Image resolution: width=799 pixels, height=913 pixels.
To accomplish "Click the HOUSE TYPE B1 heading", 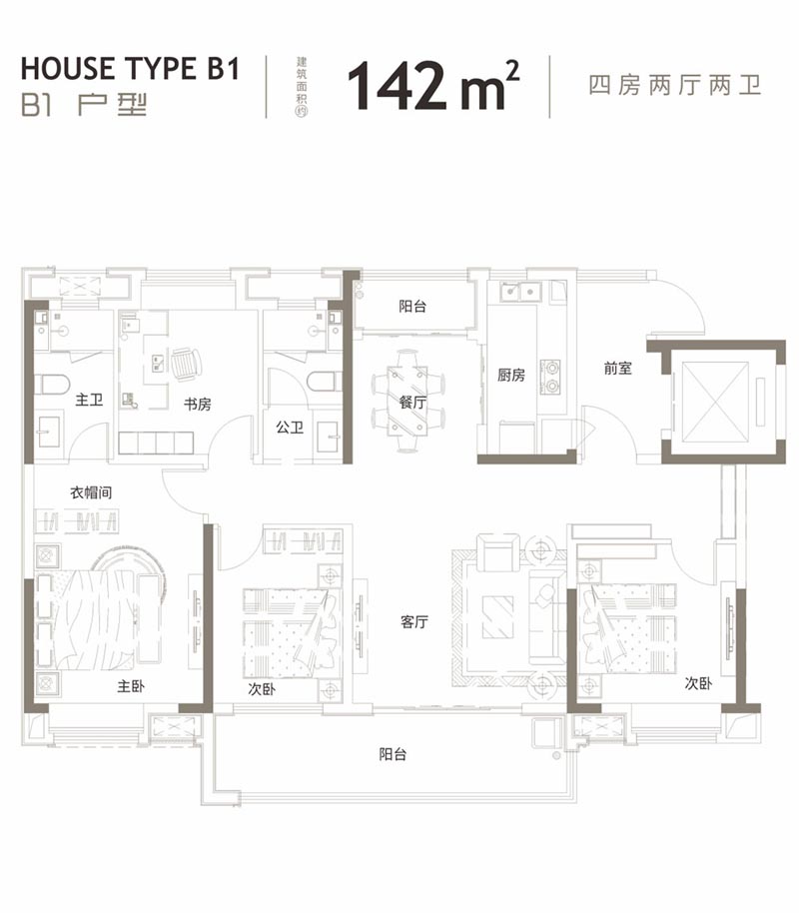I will click(x=131, y=69).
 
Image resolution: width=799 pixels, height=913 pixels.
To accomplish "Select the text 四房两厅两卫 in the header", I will click(x=675, y=85).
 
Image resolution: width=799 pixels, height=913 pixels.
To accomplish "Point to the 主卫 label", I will click(x=89, y=400).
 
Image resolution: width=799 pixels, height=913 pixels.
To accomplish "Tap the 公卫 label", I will click(x=289, y=428).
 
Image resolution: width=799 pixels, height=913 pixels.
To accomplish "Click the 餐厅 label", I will click(x=412, y=404).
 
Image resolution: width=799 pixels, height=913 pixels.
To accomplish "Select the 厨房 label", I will click(x=511, y=376).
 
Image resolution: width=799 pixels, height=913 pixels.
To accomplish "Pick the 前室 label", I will click(x=617, y=368).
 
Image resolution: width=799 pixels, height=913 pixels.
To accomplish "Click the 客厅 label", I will click(x=414, y=621).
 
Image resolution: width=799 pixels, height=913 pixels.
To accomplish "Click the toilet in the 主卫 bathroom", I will click(x=52, y=384).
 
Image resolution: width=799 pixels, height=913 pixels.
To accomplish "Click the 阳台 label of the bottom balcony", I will click(x=393, y=755).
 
